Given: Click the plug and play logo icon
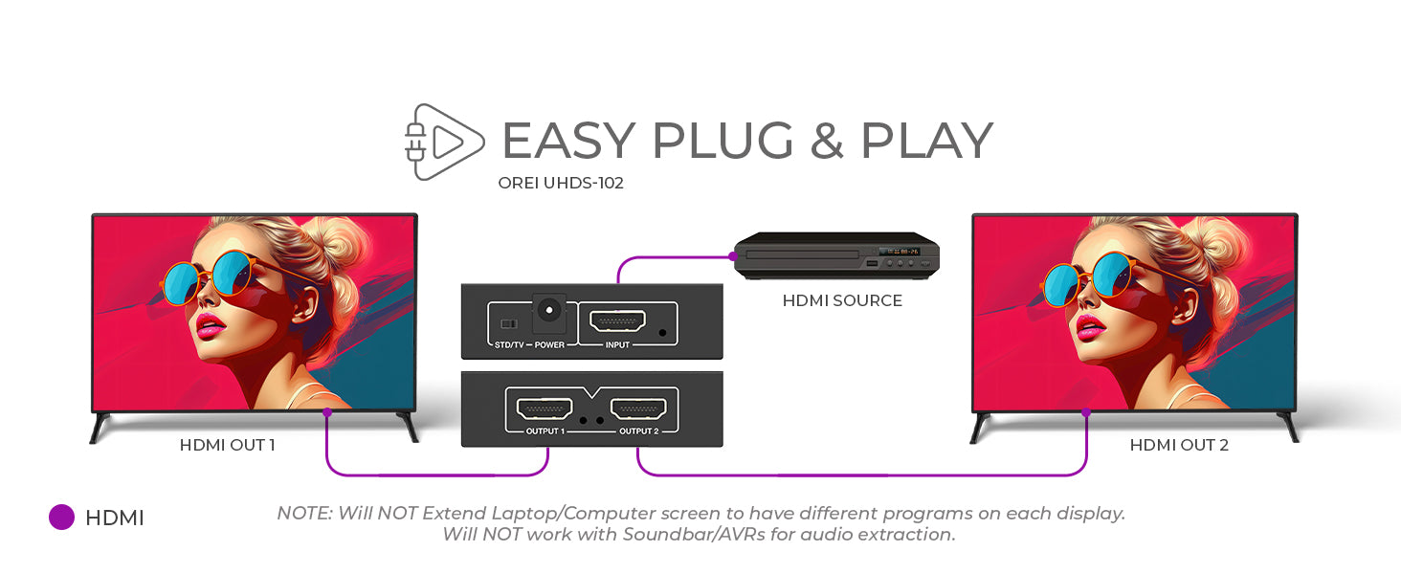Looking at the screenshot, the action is click(444, 142).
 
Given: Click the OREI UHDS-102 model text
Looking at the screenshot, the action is click(561, 184).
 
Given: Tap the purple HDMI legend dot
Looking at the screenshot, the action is click(62, 518).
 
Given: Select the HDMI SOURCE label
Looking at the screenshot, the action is click(842, 300).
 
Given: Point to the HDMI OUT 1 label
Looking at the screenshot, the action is click(227, 445).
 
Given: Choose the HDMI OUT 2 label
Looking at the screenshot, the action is click(1179, 445).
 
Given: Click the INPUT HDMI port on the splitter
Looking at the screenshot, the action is click(617, 321).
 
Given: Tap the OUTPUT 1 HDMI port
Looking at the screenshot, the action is click(545, 409).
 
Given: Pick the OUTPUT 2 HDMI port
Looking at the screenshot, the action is click(638, 409).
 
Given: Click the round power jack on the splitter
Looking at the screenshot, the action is click(549, 310).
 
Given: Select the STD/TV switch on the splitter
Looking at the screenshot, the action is click(509, 324).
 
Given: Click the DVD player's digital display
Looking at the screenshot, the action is click(899, 252).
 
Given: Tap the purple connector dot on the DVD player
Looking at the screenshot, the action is click(733, 256).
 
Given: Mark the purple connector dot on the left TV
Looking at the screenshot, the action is click(327, 412).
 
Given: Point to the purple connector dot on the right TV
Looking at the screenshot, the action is click(1086, 412).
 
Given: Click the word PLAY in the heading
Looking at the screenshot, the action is click(927, 141).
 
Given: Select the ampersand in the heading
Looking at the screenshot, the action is click(827, 141).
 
